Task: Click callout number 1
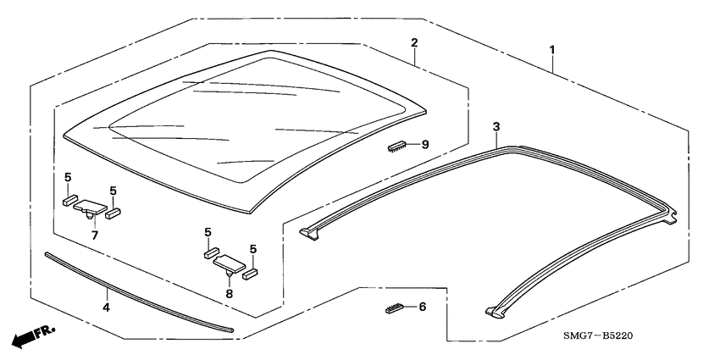tap(552, 49)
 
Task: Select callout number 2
tap(414, 43)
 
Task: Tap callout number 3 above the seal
tap(496, 127)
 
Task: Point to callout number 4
tap(106, 307)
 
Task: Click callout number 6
tap(423, 307)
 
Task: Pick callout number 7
tap(95, 235)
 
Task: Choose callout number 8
tap(230, 293)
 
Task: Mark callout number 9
tap(425, 145)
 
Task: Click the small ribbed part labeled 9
tap(396, 146)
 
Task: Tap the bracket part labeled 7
tap(90, 209)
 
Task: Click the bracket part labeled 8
tap(230, 264)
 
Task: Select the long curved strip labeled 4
tap(139, 292)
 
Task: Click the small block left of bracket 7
tap(70, 200)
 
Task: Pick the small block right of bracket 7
tap(113, 213)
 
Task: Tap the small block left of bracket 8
tap(211, 252)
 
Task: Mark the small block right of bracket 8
tap(250, 274)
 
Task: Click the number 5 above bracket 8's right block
tap(253, 249)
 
